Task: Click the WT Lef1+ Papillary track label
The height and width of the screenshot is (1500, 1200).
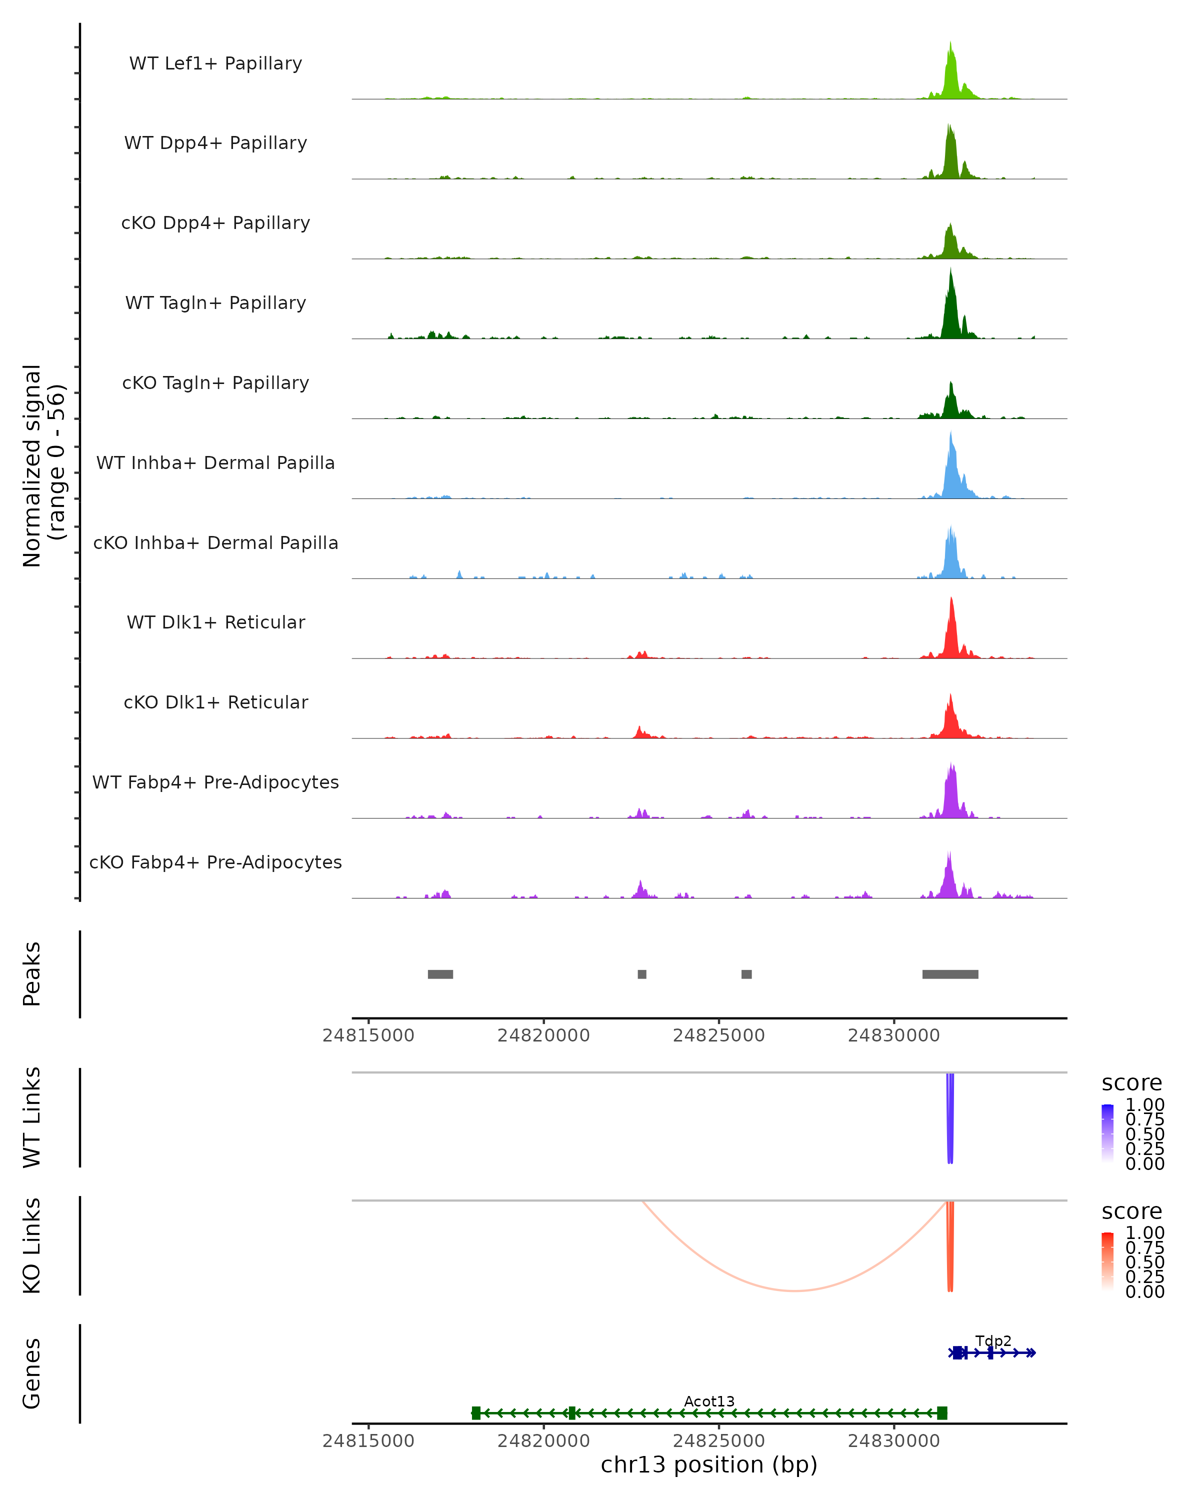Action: coord(215,63)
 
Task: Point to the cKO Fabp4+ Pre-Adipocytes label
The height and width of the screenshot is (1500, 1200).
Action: coord(215,862)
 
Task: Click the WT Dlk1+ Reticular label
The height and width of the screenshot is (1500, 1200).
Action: coord(215,622)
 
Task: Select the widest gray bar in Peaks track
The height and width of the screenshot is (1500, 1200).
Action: coord(950,974)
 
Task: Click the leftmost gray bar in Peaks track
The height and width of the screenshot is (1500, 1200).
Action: coord(440,974)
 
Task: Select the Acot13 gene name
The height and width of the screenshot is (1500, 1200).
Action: coord(709,1401)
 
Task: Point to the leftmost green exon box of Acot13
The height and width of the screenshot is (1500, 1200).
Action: coord(476,1412)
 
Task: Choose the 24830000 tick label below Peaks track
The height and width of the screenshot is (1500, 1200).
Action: coord(894,1035)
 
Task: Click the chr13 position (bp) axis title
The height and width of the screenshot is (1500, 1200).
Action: coord(709,1464)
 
